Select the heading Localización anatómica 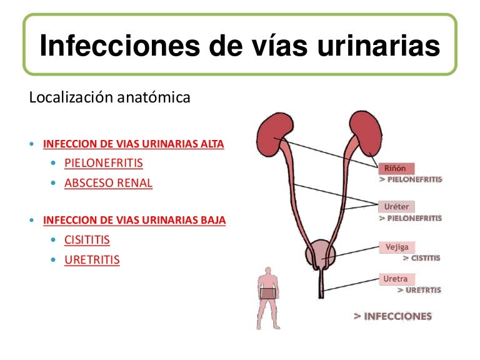(109, 98)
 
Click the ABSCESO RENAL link (108, 183)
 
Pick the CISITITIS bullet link (87, 239)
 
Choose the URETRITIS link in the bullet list (92, 259)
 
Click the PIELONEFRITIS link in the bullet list (104, 163)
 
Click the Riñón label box (396, 168)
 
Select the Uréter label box (396, 207)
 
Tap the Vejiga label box (396, 247)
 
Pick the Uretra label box (396, 279)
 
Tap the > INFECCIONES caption (392, 316)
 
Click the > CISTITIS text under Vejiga (421, 257)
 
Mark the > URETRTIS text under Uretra (419, 290)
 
